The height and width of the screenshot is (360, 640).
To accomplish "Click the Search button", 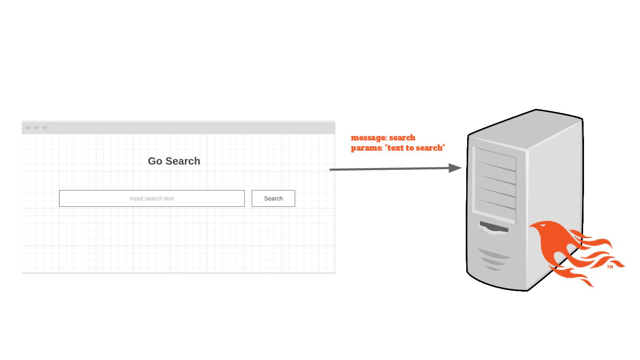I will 273,198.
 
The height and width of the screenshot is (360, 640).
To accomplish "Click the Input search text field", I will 152,198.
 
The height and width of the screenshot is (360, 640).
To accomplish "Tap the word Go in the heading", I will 155,161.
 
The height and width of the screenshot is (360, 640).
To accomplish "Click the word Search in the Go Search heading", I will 183,161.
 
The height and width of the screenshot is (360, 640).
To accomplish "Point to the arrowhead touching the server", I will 455,168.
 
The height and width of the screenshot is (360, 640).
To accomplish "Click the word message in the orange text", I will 368,138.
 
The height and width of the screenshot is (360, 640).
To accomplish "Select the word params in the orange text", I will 366,148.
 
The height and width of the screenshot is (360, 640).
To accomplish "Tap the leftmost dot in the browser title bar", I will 28,128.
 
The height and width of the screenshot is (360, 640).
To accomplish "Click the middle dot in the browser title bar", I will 36,128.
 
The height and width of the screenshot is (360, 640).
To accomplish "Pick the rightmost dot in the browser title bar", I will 44,128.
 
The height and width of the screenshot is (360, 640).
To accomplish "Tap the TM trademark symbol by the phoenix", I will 610,267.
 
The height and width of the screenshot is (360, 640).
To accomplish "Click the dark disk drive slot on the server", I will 493,228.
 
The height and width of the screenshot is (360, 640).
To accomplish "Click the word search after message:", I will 402,138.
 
